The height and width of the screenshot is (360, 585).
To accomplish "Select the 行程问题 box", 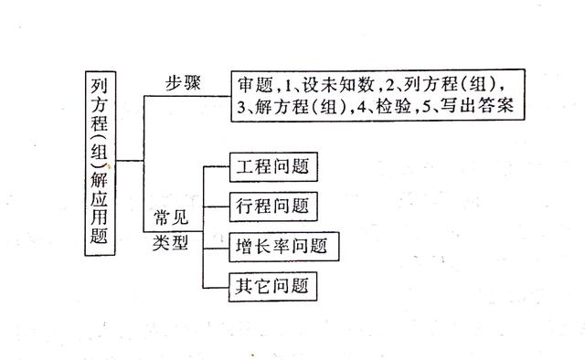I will click(x=271, y=206).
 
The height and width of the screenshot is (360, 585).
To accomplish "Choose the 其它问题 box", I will click(x=271, y=286).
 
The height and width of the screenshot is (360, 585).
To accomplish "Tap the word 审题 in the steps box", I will click(x=253, y=85).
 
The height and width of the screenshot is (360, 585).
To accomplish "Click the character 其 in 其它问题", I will click(x=244, y=286).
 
